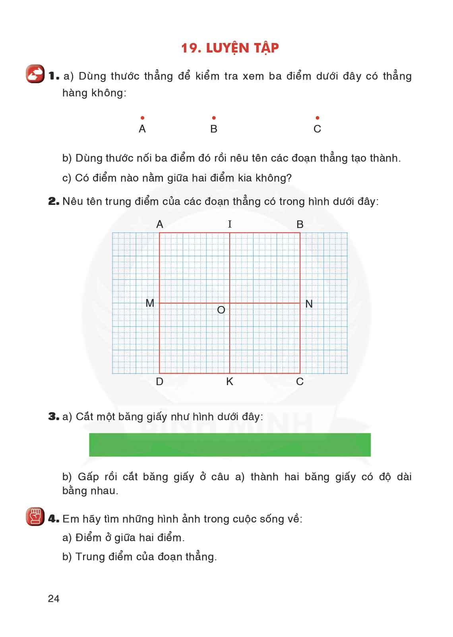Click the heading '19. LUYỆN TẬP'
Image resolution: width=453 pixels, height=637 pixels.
pos(230,48)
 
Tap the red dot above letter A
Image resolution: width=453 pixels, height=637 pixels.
pos(142,118)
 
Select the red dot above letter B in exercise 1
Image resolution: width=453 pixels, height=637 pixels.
pos(214,118)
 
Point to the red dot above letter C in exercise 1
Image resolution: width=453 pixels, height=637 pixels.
pos(317,118)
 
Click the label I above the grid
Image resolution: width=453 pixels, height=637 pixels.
pos(230,224)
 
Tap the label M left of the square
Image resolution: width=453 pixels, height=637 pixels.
pos(150,303)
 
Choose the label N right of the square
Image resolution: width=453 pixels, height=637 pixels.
pos(309,304)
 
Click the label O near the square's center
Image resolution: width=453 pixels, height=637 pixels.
pos(221,310)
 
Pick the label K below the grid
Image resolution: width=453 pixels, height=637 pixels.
pos(230,382)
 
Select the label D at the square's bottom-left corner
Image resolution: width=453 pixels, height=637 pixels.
pos(159,382)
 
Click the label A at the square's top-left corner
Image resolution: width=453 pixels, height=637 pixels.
pos(160,224)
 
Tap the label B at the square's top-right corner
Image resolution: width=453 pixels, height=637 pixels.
pos(300,224)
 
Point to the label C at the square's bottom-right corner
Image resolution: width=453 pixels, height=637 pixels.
pos(300,382)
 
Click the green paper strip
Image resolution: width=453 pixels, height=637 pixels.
pos(230,444)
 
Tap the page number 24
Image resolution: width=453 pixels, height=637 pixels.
pos(54,599)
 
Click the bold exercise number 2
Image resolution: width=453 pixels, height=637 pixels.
pos(53,202)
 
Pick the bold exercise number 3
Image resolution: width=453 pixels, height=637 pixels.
pos(53,417)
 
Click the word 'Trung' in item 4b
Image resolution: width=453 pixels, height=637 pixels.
pos(88,557)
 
